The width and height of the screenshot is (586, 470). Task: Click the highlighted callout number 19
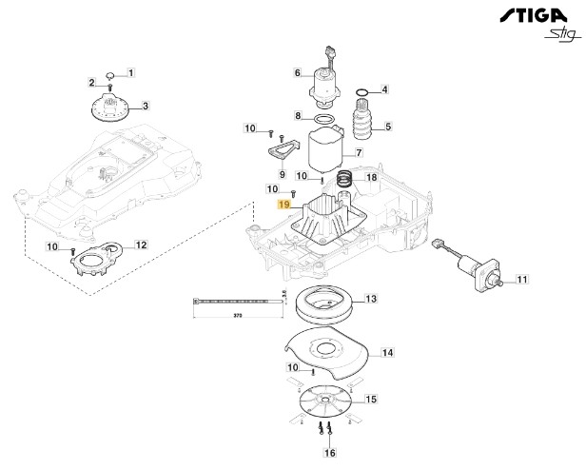point(283,205)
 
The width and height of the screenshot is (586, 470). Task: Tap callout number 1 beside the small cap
point(131,72)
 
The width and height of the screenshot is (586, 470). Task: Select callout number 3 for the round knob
point(145,106)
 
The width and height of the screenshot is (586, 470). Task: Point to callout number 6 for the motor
point(297,73)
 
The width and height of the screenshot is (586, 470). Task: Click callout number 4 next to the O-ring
point(385,90)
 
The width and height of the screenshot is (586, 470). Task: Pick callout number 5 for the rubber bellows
point(387,126)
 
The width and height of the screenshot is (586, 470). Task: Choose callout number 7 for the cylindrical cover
point(359,152)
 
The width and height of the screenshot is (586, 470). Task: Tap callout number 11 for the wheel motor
point(521,280)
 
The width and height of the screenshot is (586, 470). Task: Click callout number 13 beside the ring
point(371,299)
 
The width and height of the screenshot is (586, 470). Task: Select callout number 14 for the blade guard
point(387,353)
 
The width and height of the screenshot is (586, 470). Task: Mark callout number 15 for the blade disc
point(371,399)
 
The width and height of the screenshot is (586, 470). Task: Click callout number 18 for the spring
point(372,177)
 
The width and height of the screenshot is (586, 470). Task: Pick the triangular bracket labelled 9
point(279,150)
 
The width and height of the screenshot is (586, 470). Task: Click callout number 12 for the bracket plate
point(141,245)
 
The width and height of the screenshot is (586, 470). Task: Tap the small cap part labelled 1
point(110,72)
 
